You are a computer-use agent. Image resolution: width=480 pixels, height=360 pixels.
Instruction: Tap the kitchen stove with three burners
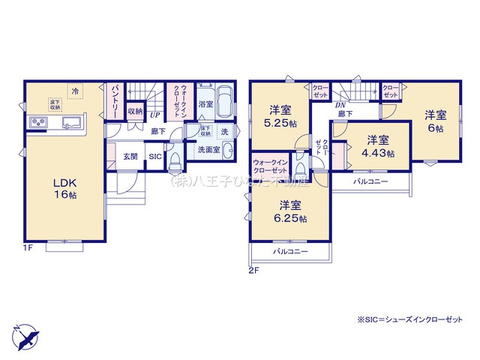tap(37, 122)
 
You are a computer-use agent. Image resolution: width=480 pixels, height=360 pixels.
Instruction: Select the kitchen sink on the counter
tap(73, 122)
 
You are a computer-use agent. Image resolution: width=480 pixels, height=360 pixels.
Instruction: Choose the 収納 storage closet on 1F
tap(135, 112)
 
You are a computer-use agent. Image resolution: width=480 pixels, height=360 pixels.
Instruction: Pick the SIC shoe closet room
tap(154, 157)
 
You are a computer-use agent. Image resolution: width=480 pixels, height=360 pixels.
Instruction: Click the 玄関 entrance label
tap(130, 157)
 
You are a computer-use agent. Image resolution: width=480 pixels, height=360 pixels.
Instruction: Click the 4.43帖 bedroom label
tap(377, 145)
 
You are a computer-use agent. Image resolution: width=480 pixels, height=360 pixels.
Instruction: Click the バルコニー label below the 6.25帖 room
tap(290, 252)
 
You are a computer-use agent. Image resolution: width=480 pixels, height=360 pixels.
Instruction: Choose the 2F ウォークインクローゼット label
tap(268, 166)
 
